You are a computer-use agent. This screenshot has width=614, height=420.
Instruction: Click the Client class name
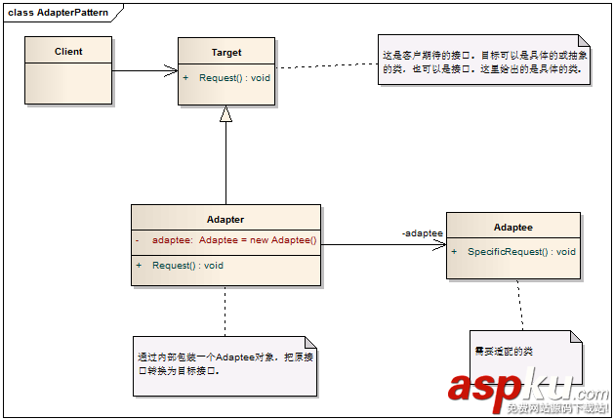pos(68,52)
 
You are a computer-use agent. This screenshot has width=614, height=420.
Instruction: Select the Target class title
pos(225,53)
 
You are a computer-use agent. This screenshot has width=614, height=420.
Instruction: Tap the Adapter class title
pos(225,220)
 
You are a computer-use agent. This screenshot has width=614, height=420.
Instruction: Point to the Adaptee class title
pos(512,227)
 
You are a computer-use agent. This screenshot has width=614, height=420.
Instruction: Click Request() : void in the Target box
pos(234,76)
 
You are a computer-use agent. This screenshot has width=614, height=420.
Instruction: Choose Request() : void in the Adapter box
pos(187,265)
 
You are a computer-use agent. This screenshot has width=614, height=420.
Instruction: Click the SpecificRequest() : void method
pos(521,251)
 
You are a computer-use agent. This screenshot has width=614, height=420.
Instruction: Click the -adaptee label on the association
pos(423,233)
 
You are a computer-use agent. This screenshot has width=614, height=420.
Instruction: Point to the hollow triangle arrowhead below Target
pos(225,114)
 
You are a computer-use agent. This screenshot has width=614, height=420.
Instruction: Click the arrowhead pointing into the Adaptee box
pos(440,245)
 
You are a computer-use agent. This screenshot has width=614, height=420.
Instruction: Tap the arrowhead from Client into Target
pos(172,70)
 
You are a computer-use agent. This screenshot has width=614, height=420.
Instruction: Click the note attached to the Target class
pos(484,59)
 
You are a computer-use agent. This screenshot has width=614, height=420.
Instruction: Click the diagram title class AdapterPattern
pos(59,12)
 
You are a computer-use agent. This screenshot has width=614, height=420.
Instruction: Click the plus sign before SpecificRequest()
pos(456,251)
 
